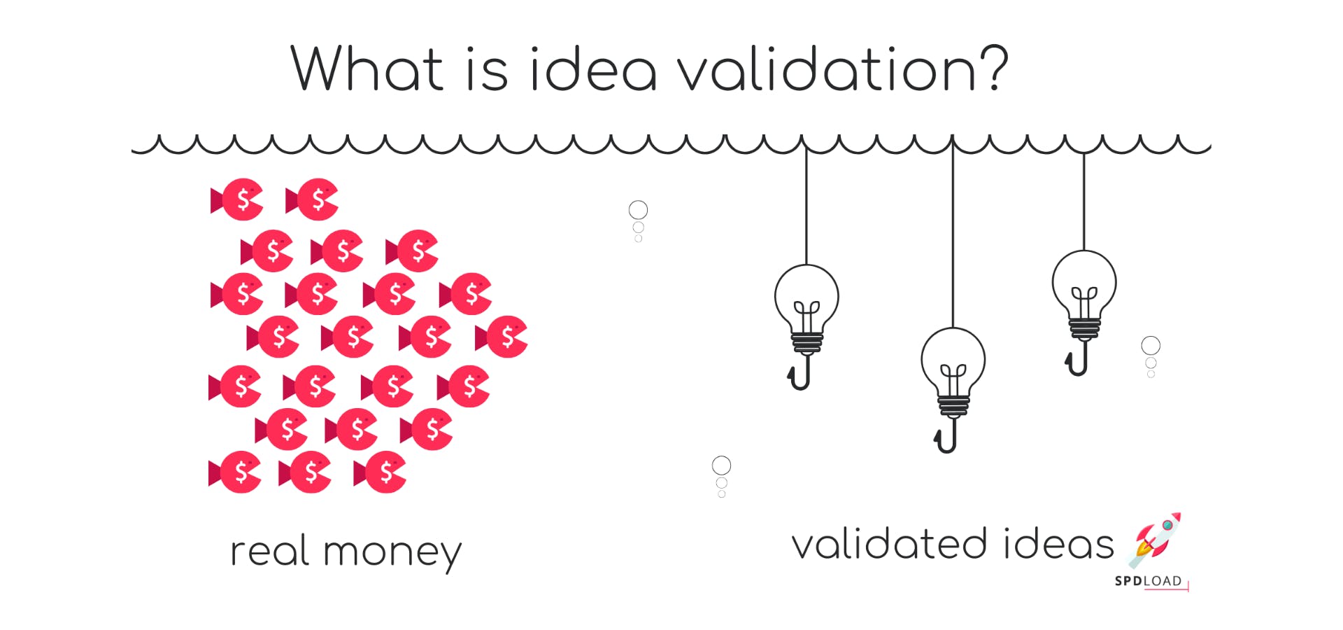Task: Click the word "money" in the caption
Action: coord(392,552)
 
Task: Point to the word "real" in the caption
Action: coord(270,551)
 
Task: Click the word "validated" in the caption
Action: coord(889,545)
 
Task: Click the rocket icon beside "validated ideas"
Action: coord(1155,539)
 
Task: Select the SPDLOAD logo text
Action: coord(1148,581)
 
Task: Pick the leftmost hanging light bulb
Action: coord(806,297)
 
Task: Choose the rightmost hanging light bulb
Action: coord(1084,283)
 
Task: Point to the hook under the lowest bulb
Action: coord(946,438)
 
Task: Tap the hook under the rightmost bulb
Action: coord(1078,361)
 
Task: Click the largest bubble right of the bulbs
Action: coord(1151,345)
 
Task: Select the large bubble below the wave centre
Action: coord(638,209)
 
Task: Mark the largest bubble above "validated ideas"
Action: coord(721,465)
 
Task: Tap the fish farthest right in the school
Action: coord(502,337)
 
